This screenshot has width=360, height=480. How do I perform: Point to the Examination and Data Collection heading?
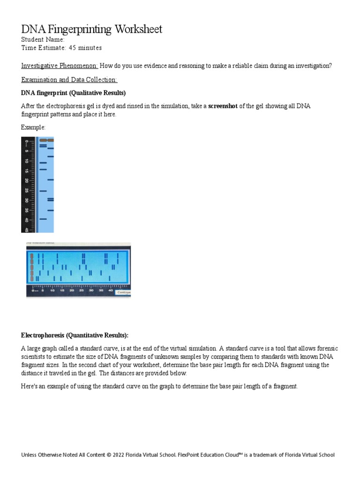(x=69, y=80)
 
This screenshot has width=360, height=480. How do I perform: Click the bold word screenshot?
(x=223, y=106)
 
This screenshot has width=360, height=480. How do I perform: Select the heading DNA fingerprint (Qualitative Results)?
(x=74, y=93)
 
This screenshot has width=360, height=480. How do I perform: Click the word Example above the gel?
(x=34, y=127)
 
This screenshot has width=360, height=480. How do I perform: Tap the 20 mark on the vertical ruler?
(x=27, y=180)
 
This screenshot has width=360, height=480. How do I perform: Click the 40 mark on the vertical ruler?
(x=27, y=219)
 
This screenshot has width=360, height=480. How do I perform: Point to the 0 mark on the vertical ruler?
(x=27, y=141)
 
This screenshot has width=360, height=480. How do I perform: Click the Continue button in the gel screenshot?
(x=123, y=292)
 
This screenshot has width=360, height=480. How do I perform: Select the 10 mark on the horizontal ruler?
(x=52, y=291)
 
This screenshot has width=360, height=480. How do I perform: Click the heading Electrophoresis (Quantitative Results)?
(x=75, y=335)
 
